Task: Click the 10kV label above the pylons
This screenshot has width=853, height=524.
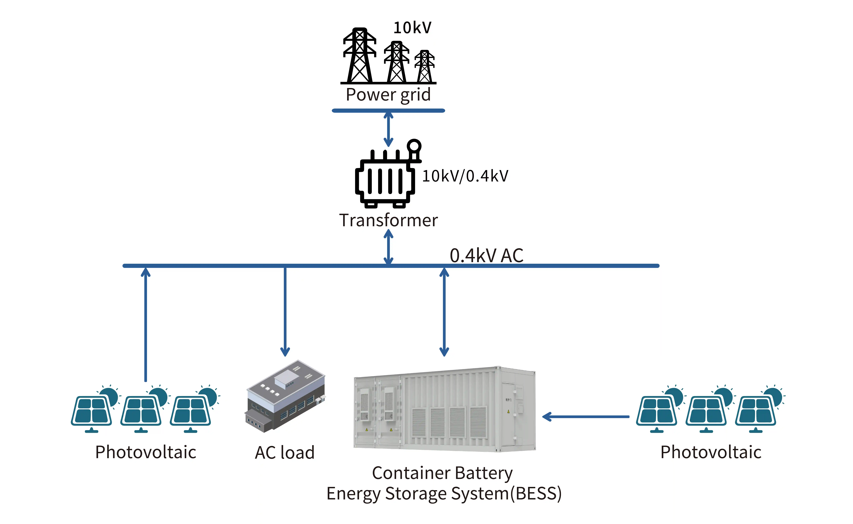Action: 412,28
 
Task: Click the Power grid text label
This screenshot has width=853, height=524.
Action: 388,95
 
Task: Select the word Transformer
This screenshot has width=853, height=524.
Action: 388,220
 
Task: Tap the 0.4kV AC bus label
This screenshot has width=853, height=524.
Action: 486,256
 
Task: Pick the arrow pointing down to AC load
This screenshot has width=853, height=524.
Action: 285,312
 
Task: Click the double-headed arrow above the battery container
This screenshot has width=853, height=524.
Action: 444,312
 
